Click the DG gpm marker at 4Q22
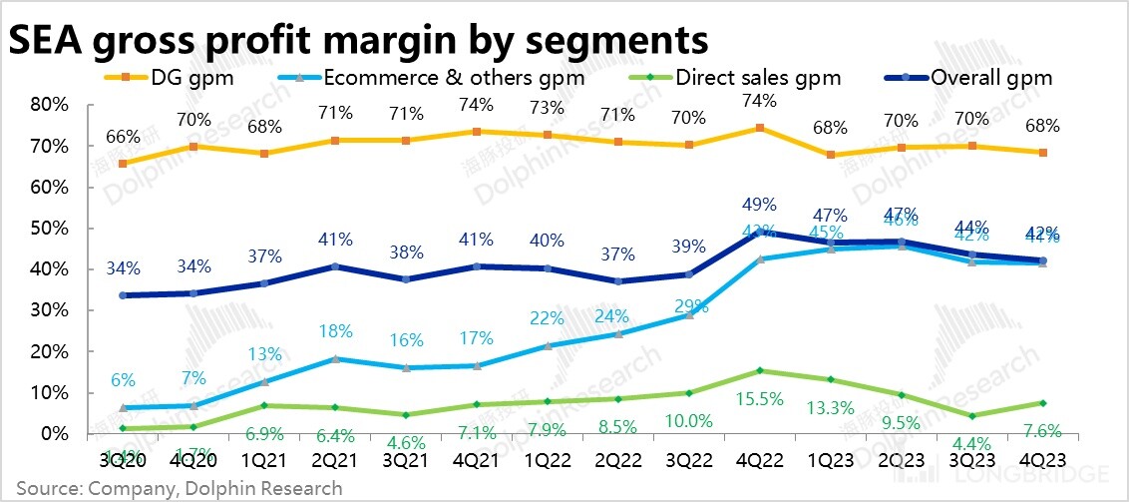tap(760, 128)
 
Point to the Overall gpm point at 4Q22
tap(760, 232)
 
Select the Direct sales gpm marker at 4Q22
tap(760, 370)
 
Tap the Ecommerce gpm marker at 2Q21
tap(335, 359)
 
